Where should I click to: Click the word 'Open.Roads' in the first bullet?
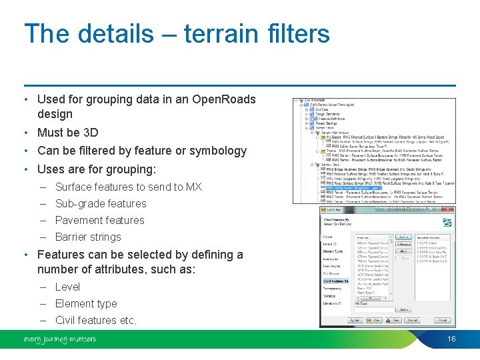tap(223, 99)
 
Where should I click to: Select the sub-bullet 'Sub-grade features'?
tap(101, 203)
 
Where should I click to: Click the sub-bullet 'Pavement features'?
tap(99, 220)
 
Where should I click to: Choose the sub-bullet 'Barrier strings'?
tap(88, 237)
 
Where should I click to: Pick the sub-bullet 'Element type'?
tap(86, 303)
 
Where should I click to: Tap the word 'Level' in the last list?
tap(67, 287)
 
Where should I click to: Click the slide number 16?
tap(451, 339)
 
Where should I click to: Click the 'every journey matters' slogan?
tap(59, 339)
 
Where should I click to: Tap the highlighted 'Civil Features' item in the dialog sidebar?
tap(336, 281)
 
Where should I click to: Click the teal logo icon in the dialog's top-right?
tap(447, 223)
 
